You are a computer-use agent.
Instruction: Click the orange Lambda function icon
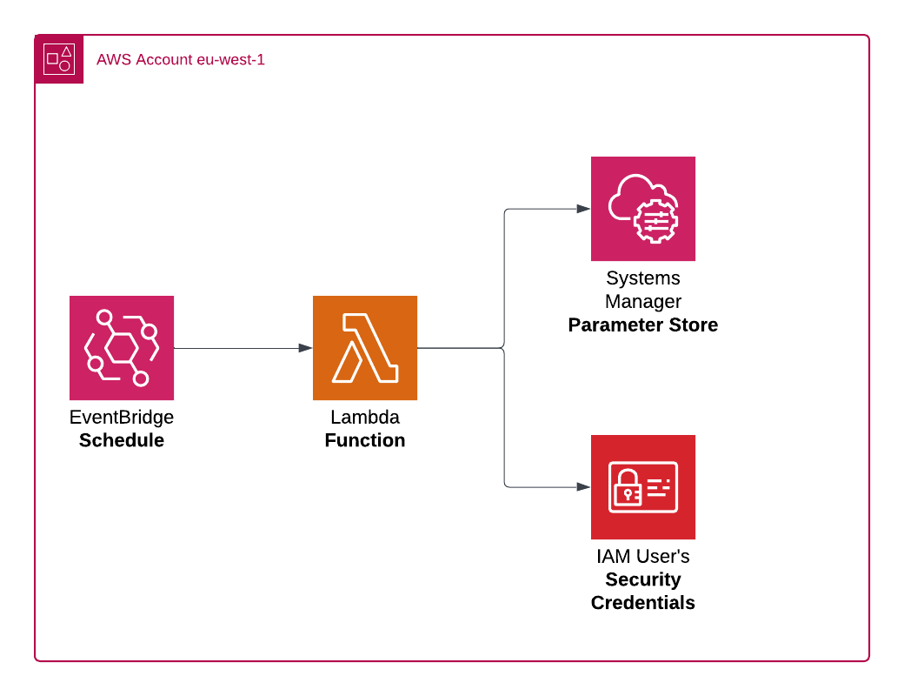click(365, 348)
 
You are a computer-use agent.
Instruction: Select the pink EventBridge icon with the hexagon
click(122, 348)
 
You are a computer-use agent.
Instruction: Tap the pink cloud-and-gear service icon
click(643, 209)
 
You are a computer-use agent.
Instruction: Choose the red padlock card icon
click(643, 487)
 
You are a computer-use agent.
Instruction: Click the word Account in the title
click(164, 60)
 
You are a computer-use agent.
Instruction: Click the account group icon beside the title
click(59, 59)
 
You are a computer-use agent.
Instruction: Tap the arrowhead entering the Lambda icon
click(305, 348)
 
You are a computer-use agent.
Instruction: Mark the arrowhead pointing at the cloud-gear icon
click(583, 209)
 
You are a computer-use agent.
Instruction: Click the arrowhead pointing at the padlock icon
click(583, 487)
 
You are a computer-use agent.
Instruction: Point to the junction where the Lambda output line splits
click(504, 348)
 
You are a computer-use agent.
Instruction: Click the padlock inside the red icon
click(627, 492)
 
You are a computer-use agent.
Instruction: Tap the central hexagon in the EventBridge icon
click(122, 348)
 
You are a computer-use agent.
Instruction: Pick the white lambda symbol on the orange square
click(365, 348)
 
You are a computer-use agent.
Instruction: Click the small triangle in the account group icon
click(66, 51)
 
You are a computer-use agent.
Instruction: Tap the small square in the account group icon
click(52, 59)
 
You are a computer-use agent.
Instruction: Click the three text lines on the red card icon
click(660, 487)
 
